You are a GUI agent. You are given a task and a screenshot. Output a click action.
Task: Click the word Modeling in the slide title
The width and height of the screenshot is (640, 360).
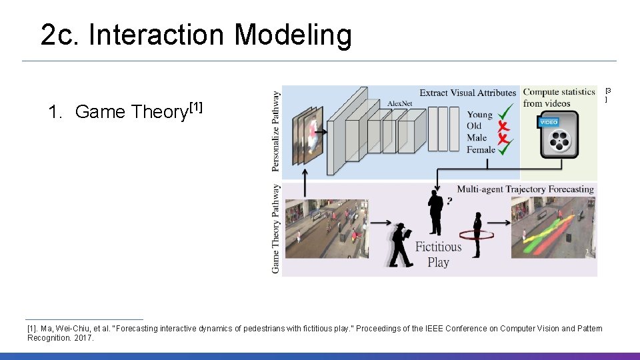click(x=293, y=35)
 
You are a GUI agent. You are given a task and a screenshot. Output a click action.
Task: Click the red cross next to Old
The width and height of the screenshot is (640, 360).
click(x=505, y=126)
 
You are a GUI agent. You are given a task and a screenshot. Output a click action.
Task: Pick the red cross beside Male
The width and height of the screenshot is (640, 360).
click(x=505, y=138)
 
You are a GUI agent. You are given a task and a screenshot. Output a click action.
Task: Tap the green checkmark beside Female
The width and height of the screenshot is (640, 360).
click(x=506, y=149)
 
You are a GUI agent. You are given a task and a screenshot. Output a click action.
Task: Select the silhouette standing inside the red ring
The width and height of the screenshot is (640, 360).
click(x=477, y=234)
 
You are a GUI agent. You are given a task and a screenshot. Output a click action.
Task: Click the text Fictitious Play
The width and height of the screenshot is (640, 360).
click(x=438, y=254)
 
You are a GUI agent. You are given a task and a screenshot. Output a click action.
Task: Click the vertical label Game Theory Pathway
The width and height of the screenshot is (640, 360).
click(x=276, y=227)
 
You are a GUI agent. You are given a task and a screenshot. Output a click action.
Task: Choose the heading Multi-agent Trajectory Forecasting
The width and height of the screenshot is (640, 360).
click(x=525, y=189)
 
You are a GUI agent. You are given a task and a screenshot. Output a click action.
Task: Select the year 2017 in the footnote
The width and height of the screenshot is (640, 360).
click(x=84, y=338)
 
